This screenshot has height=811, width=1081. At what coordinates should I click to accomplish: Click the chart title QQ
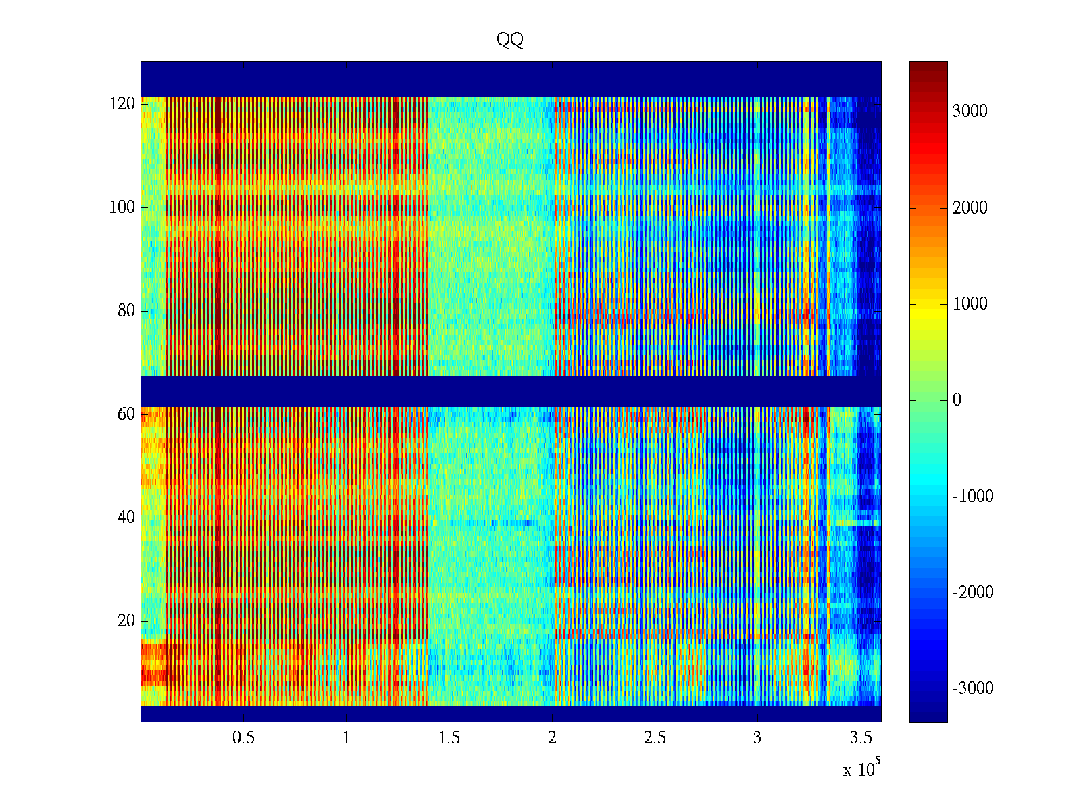click(x=510, y=41)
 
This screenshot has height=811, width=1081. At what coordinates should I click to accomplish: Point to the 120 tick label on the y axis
click(x=122, y=104)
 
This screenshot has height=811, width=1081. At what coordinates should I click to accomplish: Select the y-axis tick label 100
click(x=122, y=207)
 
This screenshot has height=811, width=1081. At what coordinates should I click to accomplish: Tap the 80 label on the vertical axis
click(x=126, y=311)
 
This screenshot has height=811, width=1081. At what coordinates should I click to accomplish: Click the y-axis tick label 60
click(x=126, y=414)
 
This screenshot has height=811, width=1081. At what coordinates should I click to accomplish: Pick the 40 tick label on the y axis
click(x=126, y=518)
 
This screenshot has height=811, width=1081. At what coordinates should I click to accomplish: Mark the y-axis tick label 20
click(x=126, y=621)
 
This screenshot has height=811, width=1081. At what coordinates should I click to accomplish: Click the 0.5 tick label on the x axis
click(x=243, y=738)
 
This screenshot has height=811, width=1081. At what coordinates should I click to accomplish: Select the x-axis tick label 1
click(x=346, y=738)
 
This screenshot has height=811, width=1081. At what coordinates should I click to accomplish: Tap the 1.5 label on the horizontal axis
click(x=449, y=738)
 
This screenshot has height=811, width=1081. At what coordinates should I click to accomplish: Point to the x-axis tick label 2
click(x=552, y=738)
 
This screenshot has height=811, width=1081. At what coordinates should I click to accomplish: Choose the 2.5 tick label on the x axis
click(x=655, y=738)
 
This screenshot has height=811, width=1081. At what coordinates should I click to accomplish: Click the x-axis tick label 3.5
click(x=861, y=738)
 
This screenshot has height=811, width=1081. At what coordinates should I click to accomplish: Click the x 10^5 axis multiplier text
click(x=861, y=769)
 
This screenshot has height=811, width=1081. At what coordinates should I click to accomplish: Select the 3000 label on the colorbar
click(x=970, y=112)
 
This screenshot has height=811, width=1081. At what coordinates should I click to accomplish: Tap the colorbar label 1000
click(x=970, y=304)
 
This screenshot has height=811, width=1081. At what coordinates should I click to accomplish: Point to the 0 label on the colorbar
click(x=957, y=400)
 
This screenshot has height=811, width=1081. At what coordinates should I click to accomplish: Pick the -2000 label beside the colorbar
click(x=973, y=593)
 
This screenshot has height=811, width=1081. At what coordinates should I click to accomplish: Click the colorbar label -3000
click(x=973, y=689)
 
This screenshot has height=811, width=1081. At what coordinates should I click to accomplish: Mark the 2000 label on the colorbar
click(x=970, y=208)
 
